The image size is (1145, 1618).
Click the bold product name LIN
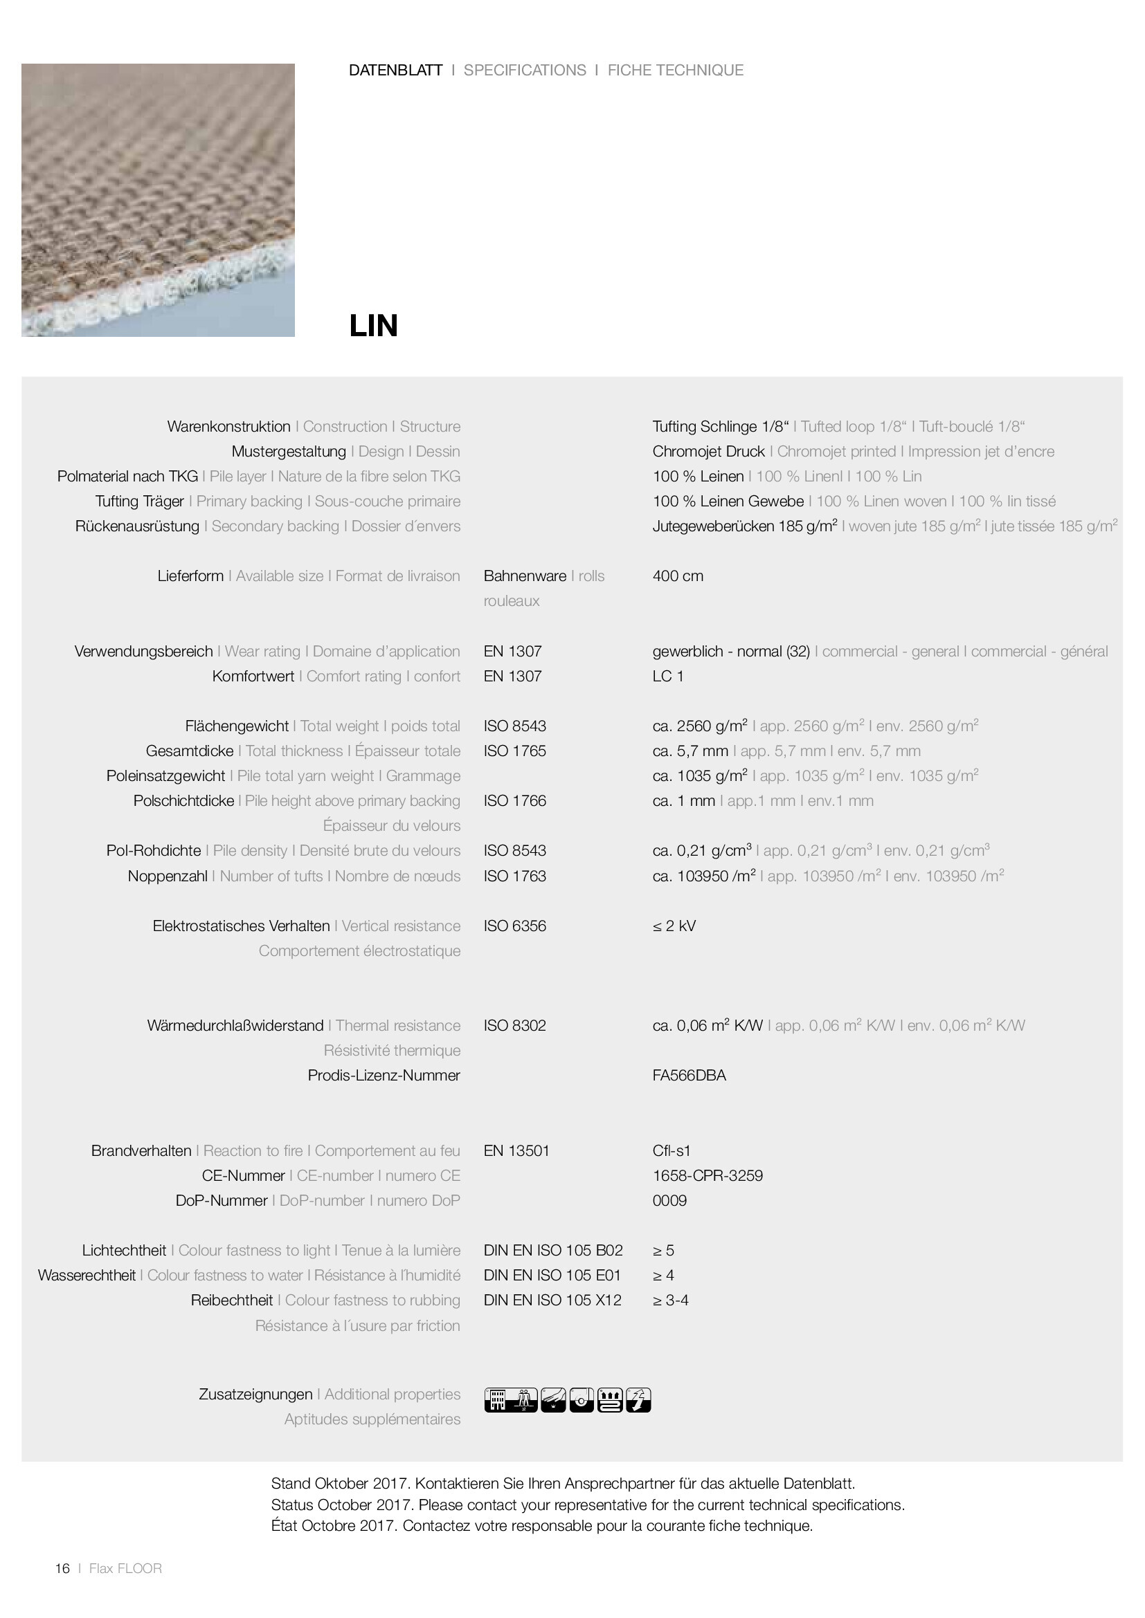(373, 326)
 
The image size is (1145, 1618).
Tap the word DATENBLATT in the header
(395, 71)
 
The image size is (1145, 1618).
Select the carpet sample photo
(158, 200)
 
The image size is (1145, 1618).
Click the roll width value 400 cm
(678, 576)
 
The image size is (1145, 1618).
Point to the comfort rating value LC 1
(667, 676)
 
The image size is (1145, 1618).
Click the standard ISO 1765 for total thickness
(514, 751)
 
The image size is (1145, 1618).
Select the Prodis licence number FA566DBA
(689, 1075)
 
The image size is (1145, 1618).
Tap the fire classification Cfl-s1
(671, 1150)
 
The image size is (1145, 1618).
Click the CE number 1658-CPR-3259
(707, 1175)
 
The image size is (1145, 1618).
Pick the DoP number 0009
(669, 1200)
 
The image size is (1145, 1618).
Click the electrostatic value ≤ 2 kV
(674, 926)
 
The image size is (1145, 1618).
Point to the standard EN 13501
(516, 1150)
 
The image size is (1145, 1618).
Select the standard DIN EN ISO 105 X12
(552, 1300)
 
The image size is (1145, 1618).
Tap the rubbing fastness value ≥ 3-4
(670, 1300)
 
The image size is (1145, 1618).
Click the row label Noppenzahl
(168, 876)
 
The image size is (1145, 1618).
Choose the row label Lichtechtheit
(124, 1250)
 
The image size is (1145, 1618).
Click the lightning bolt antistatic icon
(638, 1400)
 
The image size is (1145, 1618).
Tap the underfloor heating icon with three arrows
(610, 1400)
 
